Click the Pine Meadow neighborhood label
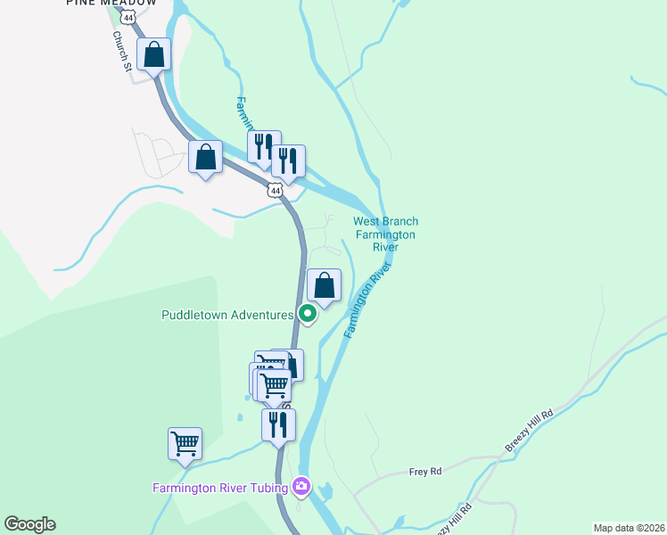tap(111, 4)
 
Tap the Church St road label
tap(122, 51)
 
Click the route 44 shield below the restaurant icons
tap(275, 190)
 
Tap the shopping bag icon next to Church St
tap(154, 53)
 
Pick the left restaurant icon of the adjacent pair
tap(263, 146)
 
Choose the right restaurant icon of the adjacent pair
tap(288, 160)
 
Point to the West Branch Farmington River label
tap(385, 234)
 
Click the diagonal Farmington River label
tap(368, 300)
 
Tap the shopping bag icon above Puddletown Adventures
tap(325, 285)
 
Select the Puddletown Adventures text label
tap(227, 315)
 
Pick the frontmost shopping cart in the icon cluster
tap(274, 385)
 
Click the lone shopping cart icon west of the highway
tap(185, 443)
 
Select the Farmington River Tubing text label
tap(219, 487)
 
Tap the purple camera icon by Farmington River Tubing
tap(302, 486)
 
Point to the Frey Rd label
tap(425, 472)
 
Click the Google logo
tap(29, 524)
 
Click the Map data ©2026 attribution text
tap(629, 528)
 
